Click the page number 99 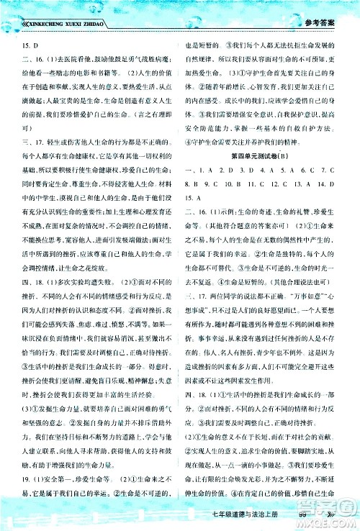pyautogui.click(x=310, y=514)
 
